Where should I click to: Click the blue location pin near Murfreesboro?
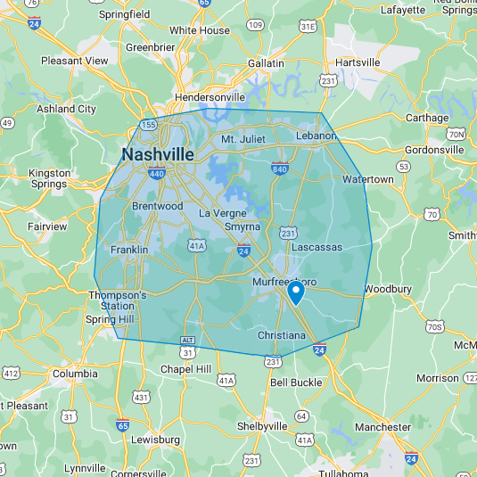pos(296,292)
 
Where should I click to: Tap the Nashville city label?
pos(158,154)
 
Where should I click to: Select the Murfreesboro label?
pos(284,282)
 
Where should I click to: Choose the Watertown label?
pos(368,179)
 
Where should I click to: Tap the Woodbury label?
pos(388,289)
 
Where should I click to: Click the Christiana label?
pos(282,335)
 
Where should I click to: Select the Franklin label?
pos(129,250)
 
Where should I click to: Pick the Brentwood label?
pos(157,206)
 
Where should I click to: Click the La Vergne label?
pos(219,213)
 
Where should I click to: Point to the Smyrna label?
pos(243,226)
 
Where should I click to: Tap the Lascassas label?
pos(317,246)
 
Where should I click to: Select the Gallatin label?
pos(267,63)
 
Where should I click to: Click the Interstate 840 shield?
pos(279,168)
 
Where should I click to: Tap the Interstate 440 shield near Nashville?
pos(132,175)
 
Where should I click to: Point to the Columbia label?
pos(75,374)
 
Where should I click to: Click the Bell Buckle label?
pos(296,382)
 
